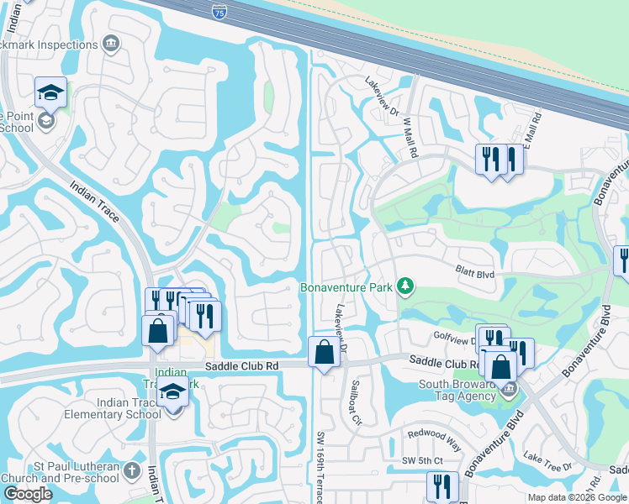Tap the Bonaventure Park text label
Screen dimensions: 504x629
point(346,287)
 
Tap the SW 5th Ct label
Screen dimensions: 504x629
point(421,461)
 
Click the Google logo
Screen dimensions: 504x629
point(28,494)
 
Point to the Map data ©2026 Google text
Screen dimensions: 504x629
point(577,497)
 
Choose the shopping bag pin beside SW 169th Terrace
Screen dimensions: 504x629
point(324,353)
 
